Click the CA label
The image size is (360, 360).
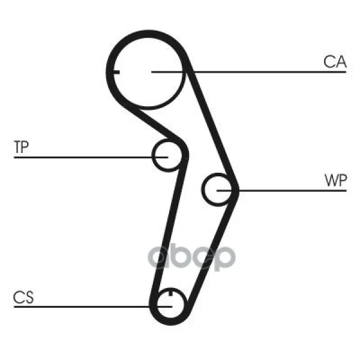point(335,61)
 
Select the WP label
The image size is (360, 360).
point(335,181)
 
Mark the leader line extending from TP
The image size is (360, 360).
point(84,157)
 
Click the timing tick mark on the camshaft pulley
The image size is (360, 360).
point(116,72)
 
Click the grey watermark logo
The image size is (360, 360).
point(192,257)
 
